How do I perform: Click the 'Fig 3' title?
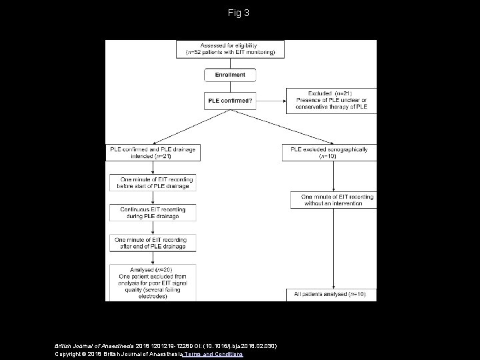tap(239, 13)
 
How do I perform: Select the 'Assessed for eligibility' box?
tap(231, 49)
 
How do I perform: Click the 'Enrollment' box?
tap(229, 75)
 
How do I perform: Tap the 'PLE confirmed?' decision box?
tap(229, 101)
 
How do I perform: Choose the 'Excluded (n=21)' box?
tap(331, 101)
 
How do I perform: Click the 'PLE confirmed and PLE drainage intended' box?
tap(153, 153)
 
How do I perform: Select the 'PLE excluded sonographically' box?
tap(329, 153)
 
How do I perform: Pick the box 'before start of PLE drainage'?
tap(153, 183)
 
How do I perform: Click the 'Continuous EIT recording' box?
tap(153, 213)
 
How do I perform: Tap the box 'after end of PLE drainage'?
tap(153, 243)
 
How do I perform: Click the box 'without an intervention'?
tap(332, 200)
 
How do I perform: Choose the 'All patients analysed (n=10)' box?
tap(332, 293)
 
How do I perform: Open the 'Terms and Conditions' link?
tap(221, 355)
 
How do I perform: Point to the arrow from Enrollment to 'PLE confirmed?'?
tap(229, 87)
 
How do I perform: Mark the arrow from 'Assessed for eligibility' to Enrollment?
tap(229, 62)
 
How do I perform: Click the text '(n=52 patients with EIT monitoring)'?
tap(231, 52)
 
